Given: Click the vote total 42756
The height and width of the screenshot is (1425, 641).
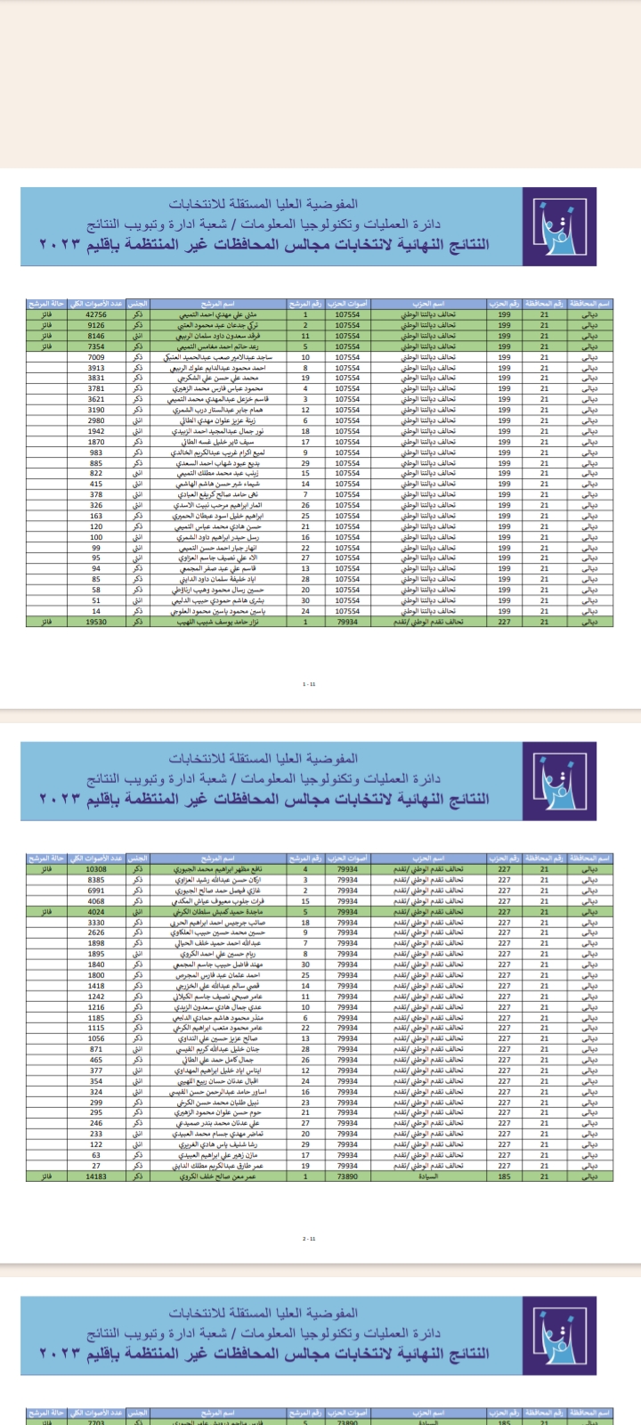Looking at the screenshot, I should (x=96, y=314).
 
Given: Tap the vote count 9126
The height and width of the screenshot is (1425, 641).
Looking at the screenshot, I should (x=96, y=325).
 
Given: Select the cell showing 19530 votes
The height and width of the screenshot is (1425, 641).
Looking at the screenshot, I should (x=96, y=622).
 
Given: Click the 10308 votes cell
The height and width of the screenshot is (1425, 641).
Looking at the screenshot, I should (x=96, y=869).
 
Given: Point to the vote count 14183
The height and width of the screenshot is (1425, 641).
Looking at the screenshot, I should (x=96, y=1177).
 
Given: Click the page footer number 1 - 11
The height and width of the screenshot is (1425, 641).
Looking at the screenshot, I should (x=309, y=684).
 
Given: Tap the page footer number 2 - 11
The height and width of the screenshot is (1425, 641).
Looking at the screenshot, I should (x=309, y=1239).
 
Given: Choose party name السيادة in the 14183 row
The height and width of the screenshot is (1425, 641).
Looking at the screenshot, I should (x=428, y=1177).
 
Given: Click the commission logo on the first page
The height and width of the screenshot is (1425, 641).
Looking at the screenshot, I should (x=547, y=226).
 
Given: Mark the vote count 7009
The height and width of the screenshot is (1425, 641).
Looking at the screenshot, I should (x=96, y=357).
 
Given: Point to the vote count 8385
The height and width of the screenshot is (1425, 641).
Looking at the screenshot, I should (x=96, y=880).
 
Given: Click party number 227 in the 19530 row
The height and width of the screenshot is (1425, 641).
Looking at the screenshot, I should (x=505, y=622).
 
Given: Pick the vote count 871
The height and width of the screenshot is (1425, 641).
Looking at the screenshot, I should (x=96, y=1049).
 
